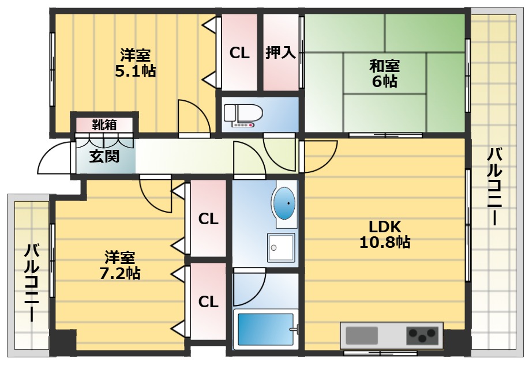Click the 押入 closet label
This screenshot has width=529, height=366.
click(280, 53)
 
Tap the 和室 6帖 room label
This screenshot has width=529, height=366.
click(384, 74)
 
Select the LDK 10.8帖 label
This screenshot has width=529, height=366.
click(385, 234)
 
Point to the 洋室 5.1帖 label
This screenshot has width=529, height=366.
click(135, 63)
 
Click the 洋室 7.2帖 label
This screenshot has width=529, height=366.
click(119, 265)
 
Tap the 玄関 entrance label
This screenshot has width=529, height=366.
click(104, 156)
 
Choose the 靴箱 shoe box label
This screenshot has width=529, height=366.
click(104, 124)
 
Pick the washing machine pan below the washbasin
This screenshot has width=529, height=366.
click(280, 248)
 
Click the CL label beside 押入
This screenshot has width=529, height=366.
click(239, 53)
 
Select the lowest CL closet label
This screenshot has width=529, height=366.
click(208, 301)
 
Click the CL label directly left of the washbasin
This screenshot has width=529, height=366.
click(208, 219)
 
